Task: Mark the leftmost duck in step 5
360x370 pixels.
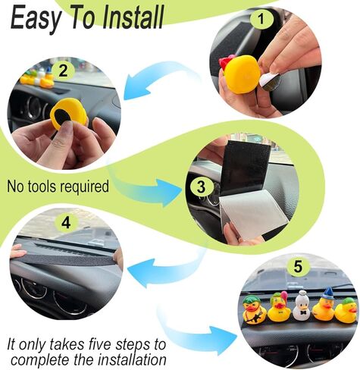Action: coord(254,311)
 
